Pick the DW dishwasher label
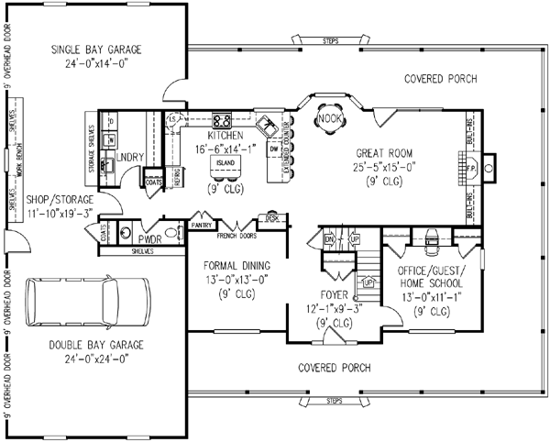click(274, 146)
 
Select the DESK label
click(272, 217)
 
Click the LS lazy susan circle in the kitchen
click(171, 120)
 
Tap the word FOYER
click(331, 295)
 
